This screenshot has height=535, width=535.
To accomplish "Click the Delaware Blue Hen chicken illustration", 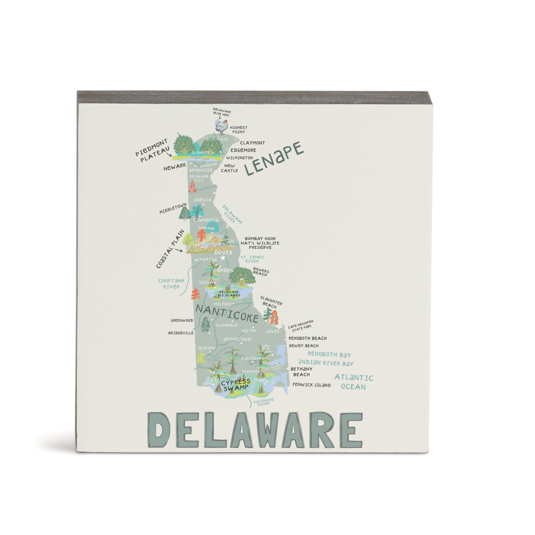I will [x=222, y=125].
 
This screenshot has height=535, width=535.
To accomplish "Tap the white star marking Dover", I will [x=223, y=258].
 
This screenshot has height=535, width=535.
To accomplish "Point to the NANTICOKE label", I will [x=227, y=313].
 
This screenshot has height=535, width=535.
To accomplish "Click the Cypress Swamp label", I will [x=236, y=385].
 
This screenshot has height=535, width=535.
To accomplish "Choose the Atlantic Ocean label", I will [x=354, y=382].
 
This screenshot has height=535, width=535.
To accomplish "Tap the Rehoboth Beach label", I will [x=308, y=338].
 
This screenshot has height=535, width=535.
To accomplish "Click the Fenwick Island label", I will [x=311, y=385].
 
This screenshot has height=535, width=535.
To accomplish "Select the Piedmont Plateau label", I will [x=153, y=150].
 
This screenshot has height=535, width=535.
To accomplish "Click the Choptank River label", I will [x=171, y=284].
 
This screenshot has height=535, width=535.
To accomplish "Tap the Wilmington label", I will [x=239, y=158].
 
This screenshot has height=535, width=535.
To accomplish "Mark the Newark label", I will [x=175, y=167].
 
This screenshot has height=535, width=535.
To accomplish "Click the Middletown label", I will [x=173, y=209].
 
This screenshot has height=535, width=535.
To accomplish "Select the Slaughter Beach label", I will [x=271, y=302].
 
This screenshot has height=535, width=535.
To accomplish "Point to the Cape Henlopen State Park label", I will [x=301, y=326].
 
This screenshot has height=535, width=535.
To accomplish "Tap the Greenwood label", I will [x=182, y=321].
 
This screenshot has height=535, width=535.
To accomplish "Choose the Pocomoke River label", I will [x=264, y=402].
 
